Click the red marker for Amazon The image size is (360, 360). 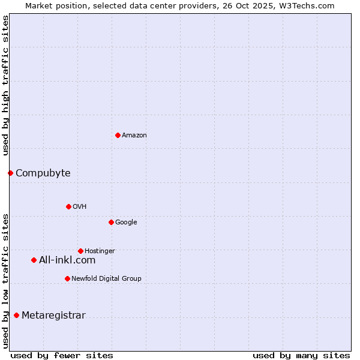(x=118, y=135)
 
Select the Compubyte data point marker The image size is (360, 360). (x=10, y=173)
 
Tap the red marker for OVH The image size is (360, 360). (x=68, y=206)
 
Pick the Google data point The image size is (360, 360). (x=111, y=222)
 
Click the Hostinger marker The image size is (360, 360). (x=80, y=251)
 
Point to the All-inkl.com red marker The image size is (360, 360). (x=34, y=260)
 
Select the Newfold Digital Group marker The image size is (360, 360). (x=67, y=278)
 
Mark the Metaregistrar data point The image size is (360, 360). (x=16, y=315)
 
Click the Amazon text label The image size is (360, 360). (x=134, y=136)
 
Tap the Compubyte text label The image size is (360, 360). (x=43, y=173)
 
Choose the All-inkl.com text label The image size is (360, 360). (x=67, y=260)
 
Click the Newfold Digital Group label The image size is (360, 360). (x=106, y=278)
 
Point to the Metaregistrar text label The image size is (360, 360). (x=53, y=316)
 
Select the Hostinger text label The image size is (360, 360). (x=100, y=251)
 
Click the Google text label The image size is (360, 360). (x=126, y=223)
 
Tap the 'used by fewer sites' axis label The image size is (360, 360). (x=62, y=355)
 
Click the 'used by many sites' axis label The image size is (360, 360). (x=301, y=355)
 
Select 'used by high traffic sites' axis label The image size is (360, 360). (x=5, y=85)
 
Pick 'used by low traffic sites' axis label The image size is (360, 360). (x=5, y=280)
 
